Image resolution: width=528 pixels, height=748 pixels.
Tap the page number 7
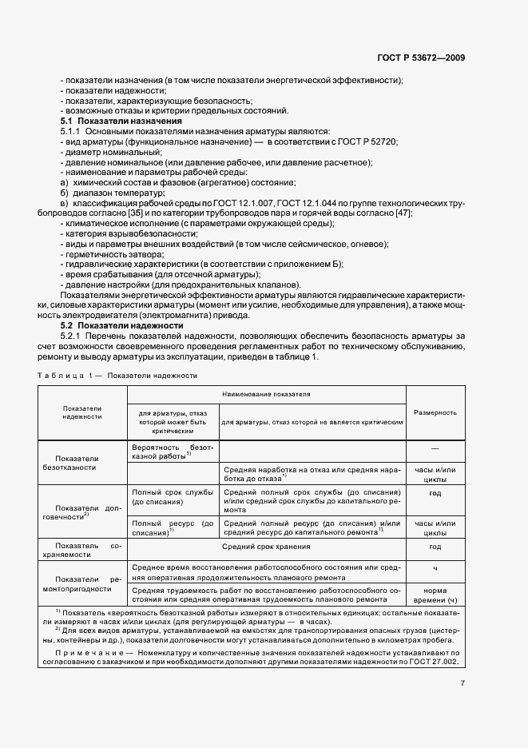tap(462, 682)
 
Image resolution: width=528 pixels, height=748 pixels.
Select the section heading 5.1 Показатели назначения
tap(105, 121)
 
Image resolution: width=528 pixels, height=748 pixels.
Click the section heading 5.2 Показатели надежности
tap(105, 326)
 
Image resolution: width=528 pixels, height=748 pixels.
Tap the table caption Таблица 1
tap(62, 375)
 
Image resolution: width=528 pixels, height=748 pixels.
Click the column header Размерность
tap(435, 412)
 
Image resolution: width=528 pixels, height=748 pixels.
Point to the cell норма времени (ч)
tap(435, 594)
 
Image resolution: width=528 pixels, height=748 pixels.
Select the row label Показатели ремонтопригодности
tap(82, 583)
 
